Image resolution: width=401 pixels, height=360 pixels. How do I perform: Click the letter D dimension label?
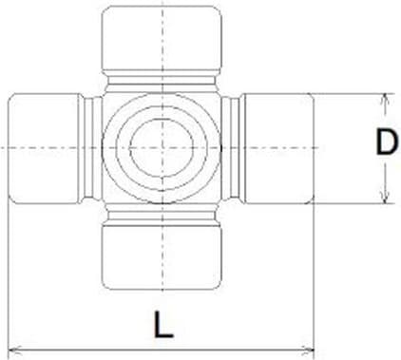tap(384, 143)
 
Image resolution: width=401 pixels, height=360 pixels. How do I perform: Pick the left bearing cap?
tap(44, 148)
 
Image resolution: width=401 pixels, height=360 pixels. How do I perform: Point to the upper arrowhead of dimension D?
tap(384, 99)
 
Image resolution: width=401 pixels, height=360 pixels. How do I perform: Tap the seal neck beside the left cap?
tap(90, 148)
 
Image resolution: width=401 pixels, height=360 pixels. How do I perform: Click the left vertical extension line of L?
tap(8, 275)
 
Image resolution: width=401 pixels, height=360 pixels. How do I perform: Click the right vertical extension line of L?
tap(314, 275)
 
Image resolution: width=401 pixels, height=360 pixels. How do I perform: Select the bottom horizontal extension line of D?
tap(352, 203)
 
